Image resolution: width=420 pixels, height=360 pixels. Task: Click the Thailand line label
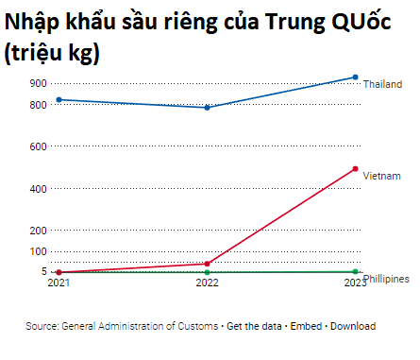pos(382,84)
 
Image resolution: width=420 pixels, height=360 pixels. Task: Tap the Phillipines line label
pos(386,279)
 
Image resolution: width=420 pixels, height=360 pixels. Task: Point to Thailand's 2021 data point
pos(59,99)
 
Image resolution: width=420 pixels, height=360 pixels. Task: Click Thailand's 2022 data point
pos(207,108)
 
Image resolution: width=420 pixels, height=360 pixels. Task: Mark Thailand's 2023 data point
pos(355,77)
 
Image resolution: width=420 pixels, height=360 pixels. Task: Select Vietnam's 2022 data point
pos(207,264)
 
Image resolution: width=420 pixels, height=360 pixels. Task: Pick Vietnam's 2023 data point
pos(355,169)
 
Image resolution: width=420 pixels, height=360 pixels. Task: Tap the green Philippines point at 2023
pos(355,272)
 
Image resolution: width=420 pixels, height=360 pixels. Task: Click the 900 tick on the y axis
pos(38,83)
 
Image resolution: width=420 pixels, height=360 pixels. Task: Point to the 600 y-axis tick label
pos(38,146)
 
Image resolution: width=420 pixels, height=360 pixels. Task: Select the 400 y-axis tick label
pos(38,188)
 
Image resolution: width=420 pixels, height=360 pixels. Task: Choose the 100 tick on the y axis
pos(38,251)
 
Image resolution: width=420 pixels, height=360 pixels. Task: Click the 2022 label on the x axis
pos(207,283)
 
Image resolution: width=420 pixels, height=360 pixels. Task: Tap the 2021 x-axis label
pos(59,283)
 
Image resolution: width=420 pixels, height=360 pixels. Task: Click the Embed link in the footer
pos(305,326)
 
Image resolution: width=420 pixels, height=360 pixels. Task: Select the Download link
pos(353,326)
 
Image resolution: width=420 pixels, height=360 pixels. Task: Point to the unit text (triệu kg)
pos(53,53)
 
